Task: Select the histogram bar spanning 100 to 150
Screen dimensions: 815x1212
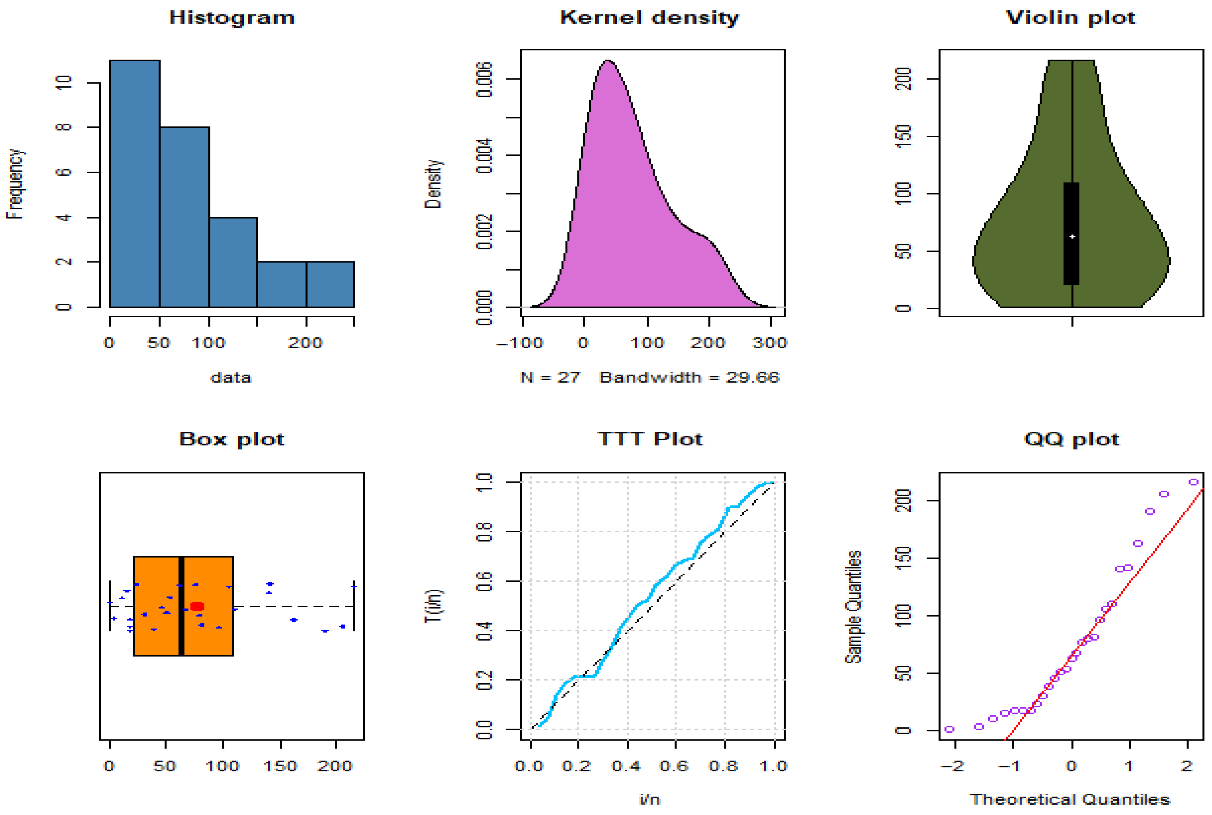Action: pyautogui.click(x=233, y=263)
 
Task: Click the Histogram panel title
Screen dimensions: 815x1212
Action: pyautogui.click(x=232, y=18)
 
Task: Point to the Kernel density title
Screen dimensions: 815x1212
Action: pyautogui.click(x=649, y=18)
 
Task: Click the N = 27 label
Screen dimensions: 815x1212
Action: pyautogui.click(x=550, y=377)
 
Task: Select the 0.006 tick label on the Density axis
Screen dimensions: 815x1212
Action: pyautogui.click(x=484, y=80)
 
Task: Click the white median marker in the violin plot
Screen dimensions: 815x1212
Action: pyautogui.click(x=1072, y=237)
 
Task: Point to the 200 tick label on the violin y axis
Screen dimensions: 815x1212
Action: pyautogui.click(x=903, y=79)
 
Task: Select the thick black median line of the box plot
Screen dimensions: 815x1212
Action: pyautogui.click(x=181, y=606)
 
